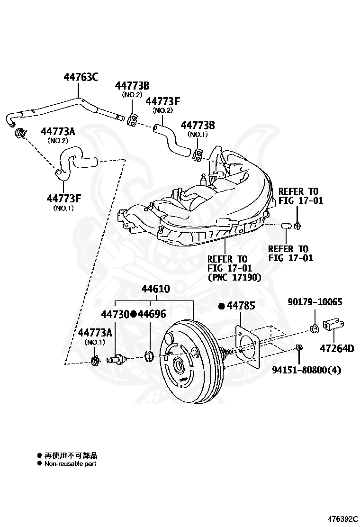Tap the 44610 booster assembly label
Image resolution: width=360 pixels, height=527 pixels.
tap(155, 289)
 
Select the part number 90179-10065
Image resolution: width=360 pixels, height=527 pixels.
tap(315, 302)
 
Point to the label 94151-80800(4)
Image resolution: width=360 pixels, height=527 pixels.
tap(306, 370)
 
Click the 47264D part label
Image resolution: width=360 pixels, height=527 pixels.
tap(336, 348)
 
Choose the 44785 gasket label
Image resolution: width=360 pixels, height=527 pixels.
tap(241, 306)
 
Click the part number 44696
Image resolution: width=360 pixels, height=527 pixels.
tap(152, 314)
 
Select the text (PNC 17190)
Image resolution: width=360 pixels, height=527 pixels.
tap(234, 278)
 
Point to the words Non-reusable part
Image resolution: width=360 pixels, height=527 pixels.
tap(70, 464)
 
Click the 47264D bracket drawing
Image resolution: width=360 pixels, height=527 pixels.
tap(333, 325)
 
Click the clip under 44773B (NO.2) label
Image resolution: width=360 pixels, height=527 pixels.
tap(133, 118)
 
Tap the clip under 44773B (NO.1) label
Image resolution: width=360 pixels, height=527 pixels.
tap(198, 154)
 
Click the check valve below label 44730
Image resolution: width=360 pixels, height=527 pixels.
tap(116, 359)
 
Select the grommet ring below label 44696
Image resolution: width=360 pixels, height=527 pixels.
tap(149, 355)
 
